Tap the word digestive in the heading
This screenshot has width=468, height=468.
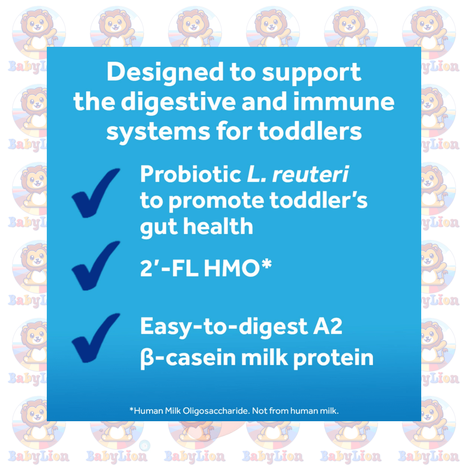coord(178,103)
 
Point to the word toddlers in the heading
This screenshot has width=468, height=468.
coord(310,131)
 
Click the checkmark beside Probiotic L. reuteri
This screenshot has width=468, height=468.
coord(96,193)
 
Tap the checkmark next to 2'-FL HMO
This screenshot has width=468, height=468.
coord(96,266)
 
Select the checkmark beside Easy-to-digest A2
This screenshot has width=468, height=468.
coord(96,338)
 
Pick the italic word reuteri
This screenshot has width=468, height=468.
coord(310,174)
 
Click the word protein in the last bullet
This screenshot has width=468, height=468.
coord(333,359)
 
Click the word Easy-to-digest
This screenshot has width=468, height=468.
coord(224,327)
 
